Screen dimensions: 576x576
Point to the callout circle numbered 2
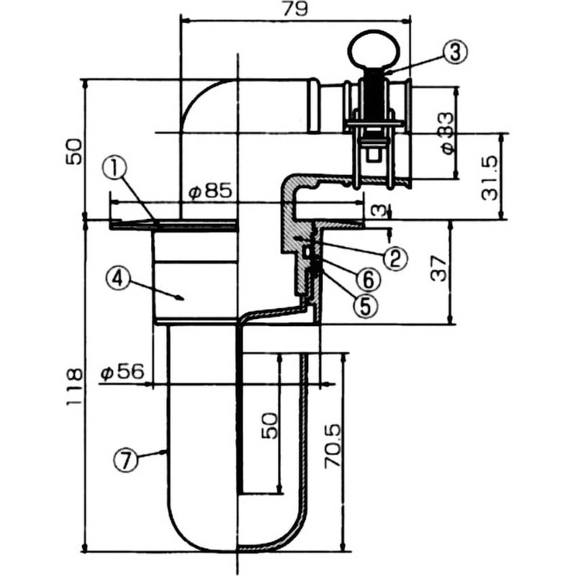coord(395,257)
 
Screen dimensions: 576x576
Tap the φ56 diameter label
coord(122,372)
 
